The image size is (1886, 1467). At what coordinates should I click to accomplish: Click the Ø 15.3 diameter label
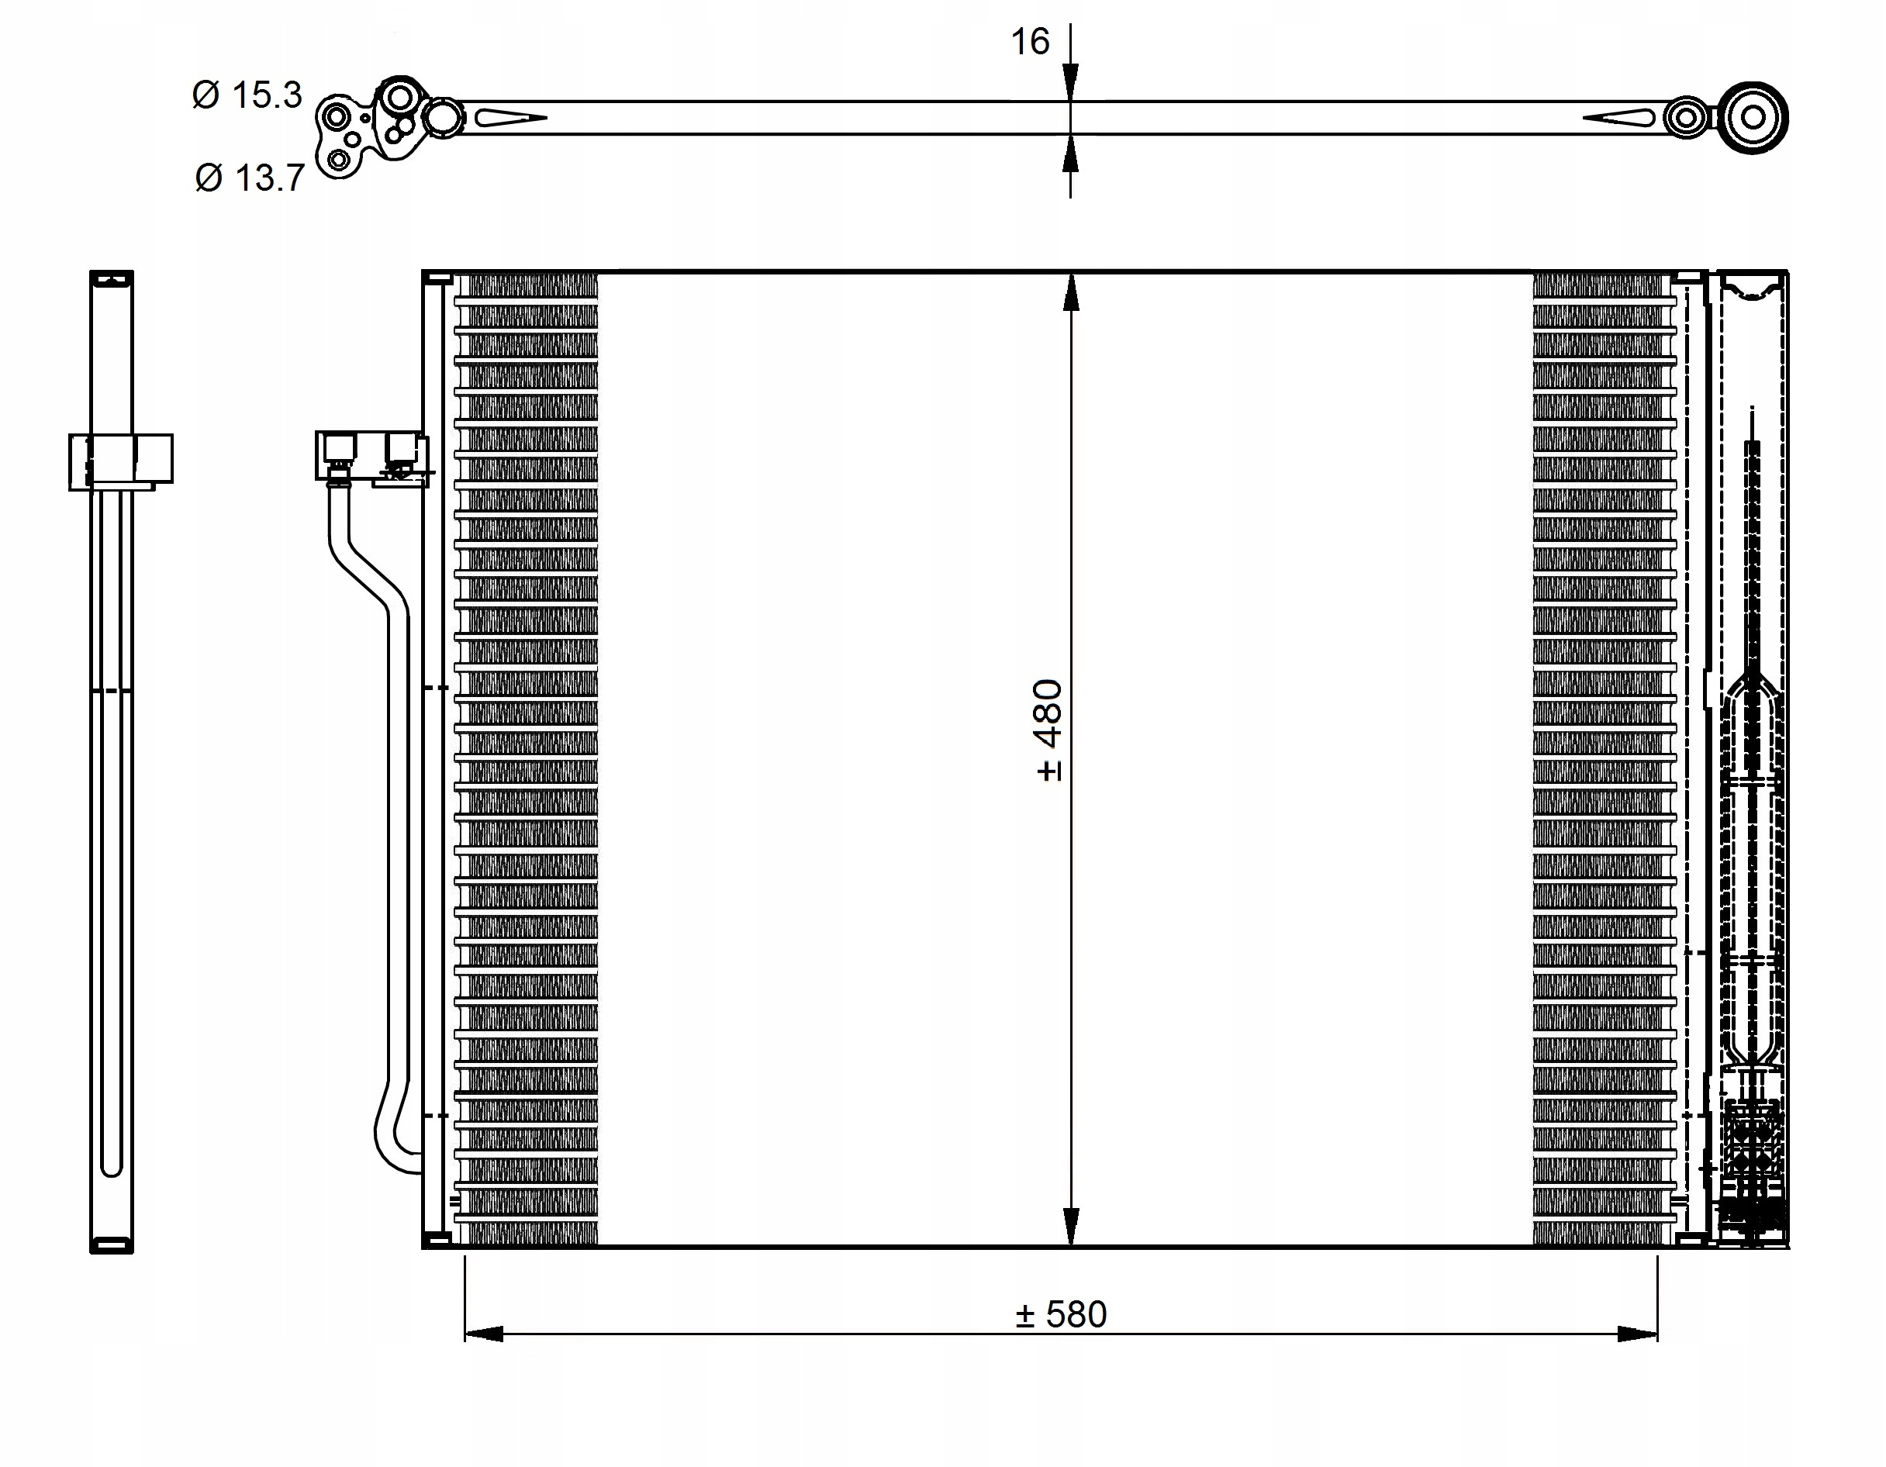(x=247, y=94)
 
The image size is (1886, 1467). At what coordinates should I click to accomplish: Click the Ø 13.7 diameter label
(x=250, y=178)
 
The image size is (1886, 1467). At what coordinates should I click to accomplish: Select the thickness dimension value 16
(x=1030, y=41)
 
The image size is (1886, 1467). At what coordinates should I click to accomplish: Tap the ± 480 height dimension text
(x=1048, y=730)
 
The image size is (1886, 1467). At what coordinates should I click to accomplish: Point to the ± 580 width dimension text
(x=1062, y=1314)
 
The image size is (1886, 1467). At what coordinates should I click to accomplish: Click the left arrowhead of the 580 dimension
(x=484, y=1334)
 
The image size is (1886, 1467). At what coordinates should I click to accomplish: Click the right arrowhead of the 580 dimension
(x=1638, y=1334)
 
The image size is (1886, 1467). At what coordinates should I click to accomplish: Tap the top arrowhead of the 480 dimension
(x=1071, y=293)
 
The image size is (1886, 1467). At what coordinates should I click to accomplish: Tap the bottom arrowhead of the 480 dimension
(x=1071, y=1226)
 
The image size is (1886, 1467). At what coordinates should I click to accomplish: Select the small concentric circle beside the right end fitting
(x=1686, y=119)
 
